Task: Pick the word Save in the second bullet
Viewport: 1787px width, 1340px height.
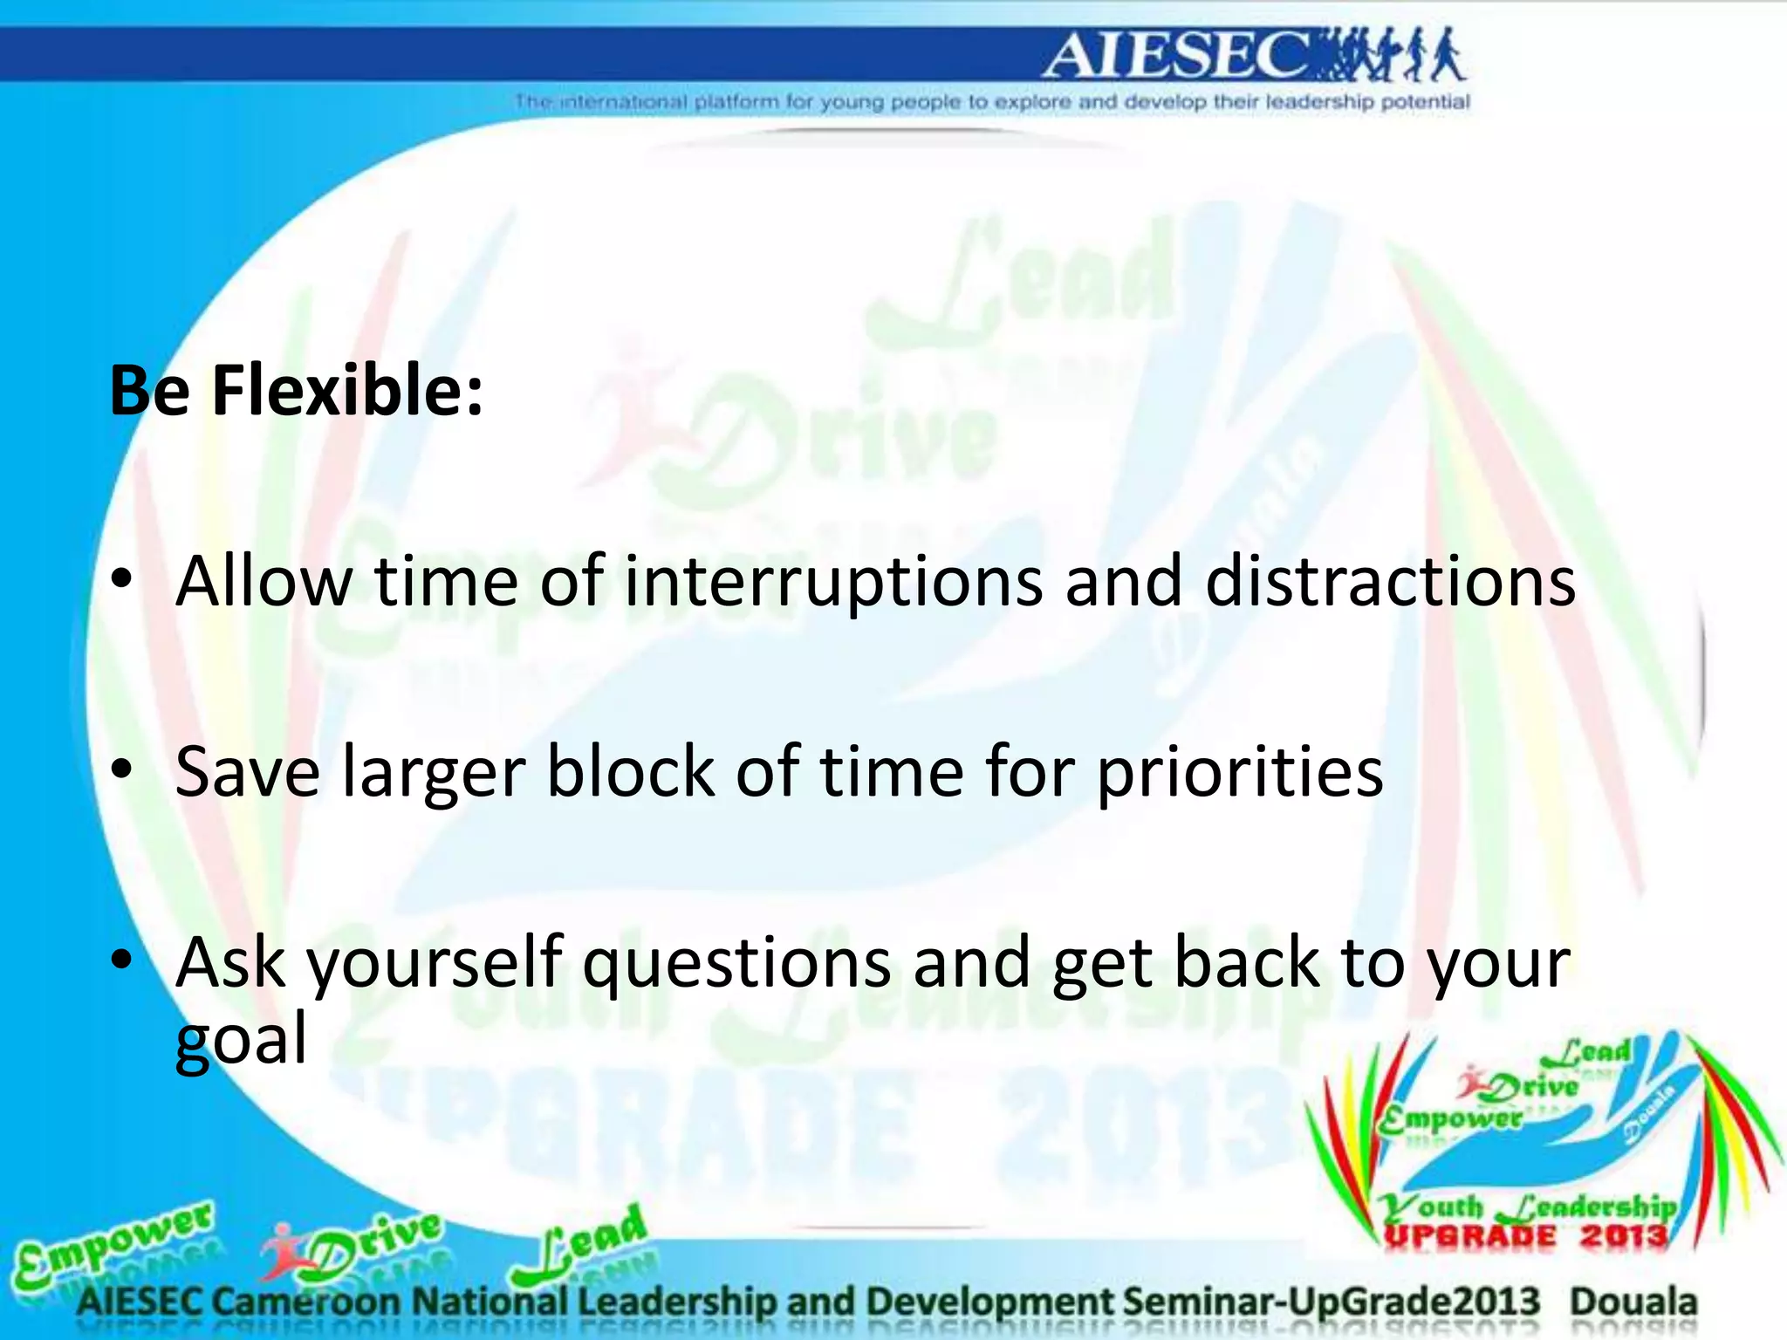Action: (x=248, y=771)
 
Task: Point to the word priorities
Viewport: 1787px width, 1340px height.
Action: (x=1239, y=773)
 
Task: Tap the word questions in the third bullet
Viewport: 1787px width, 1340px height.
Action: (x=736, y=963)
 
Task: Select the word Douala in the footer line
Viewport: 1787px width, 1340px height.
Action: (x=1633, y=1302)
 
